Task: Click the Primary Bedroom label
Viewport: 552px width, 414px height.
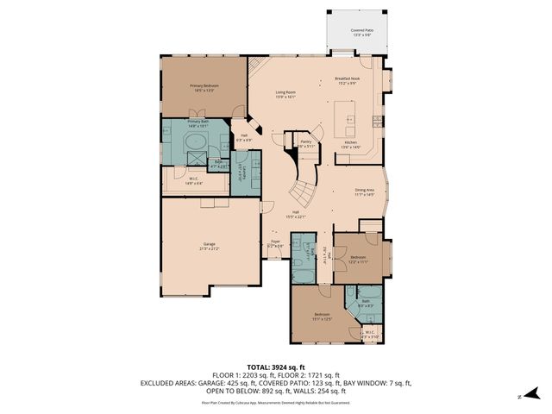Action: (x=203, y=88)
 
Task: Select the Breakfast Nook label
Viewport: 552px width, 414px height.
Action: (x=347, y=82)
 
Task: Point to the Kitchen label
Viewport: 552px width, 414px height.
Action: (x=350, y=145)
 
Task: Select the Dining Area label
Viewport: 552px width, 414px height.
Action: (x=365, y=192)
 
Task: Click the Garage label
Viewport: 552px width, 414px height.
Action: (x=209, y=247)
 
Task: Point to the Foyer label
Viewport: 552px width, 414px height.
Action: (x=275, y=245)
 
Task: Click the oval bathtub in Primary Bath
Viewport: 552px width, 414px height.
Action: (x=196, y=141)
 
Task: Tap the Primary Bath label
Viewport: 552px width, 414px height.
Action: (x=199, y=124)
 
